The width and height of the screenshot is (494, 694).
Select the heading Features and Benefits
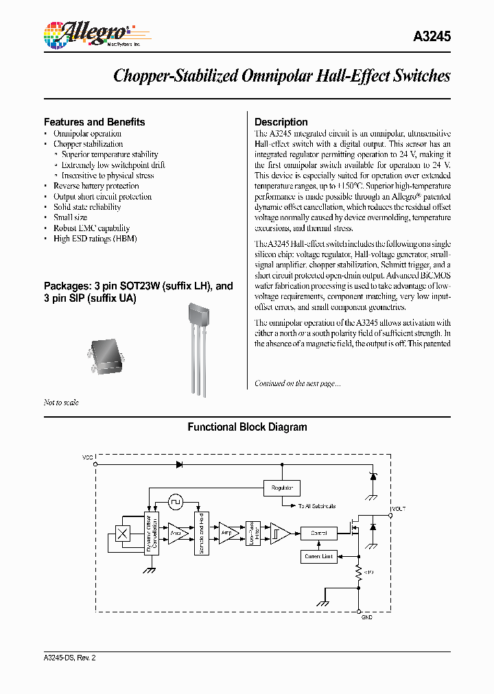(94, 122)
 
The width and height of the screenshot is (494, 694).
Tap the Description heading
(281, 122)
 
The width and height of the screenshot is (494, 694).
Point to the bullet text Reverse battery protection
(96, 186)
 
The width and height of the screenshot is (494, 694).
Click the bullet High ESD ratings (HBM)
(95, 238)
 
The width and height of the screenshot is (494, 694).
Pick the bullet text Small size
(71, 217)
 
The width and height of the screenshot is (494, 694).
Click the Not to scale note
(61, 403)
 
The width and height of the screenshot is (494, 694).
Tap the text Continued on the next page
(297, 383)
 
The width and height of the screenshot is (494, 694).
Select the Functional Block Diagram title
(247, 427)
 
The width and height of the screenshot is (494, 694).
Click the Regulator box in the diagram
(282, 488)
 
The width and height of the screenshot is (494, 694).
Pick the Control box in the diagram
(318, 533)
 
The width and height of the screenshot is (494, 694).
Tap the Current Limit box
(318, 556)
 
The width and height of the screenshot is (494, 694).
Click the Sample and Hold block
(200, 533)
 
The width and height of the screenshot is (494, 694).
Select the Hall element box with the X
(124, 534)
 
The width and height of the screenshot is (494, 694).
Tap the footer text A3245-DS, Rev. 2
(70, 658)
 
